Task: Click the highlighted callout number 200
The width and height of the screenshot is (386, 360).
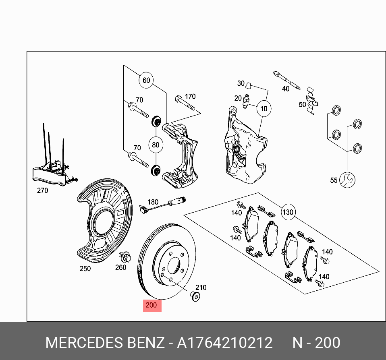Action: (x=151, y=305)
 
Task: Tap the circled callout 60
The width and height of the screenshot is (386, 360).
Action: (x=146, y=80)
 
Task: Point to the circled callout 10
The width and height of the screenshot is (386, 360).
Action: (x=264, y=109)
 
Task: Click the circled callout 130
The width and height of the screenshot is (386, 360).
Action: (x=288, y=212)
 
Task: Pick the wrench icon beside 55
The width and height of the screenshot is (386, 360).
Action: (x=347, y=180)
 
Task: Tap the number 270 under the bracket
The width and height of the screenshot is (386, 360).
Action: (x=42, y=190)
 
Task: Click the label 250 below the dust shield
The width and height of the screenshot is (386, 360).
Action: (x=85, y=269)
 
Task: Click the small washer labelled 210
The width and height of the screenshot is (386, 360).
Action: (x=195, y=297)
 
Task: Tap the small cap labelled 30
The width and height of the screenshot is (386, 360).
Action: (x=249, y=85)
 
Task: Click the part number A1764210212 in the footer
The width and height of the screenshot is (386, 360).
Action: (x=225, y=343)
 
